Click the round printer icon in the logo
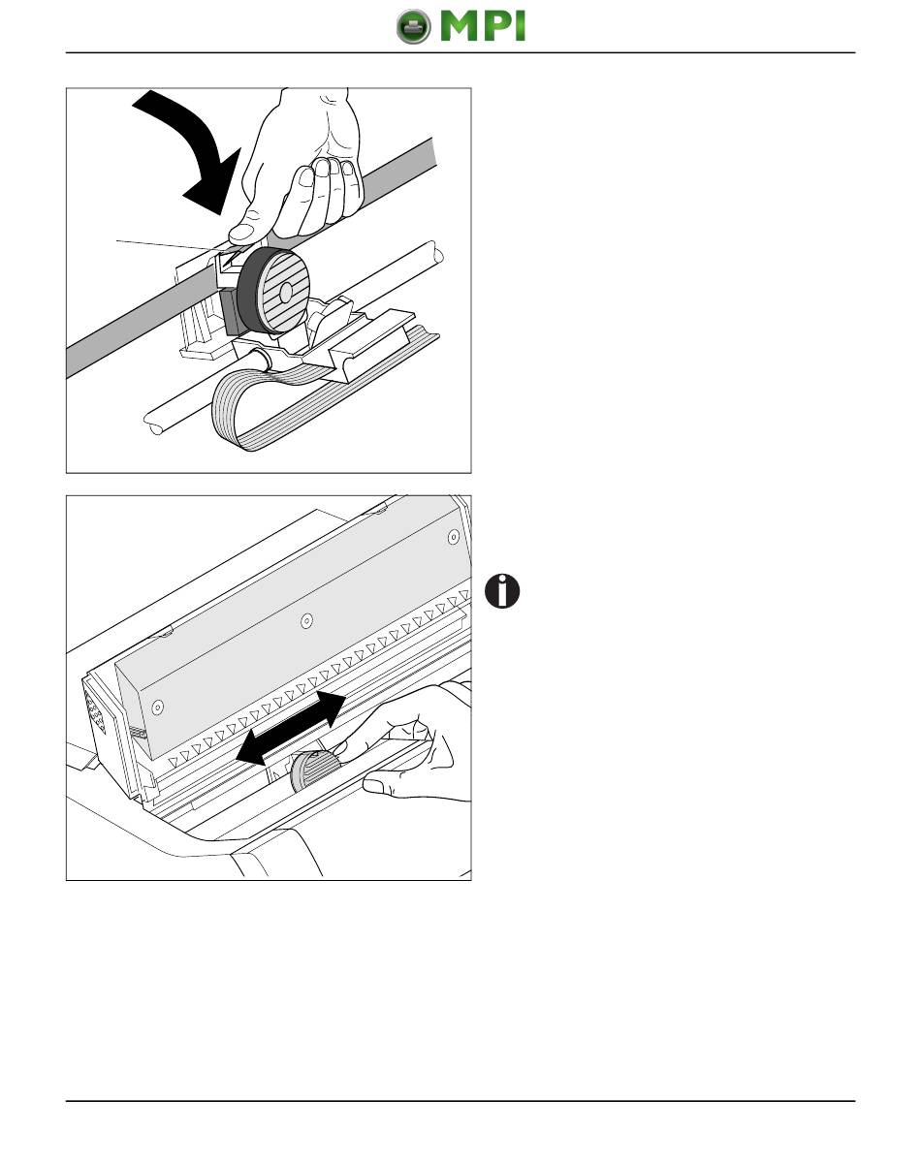413,27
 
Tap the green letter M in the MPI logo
460,26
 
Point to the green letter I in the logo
520,26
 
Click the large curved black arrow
200,146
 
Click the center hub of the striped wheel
286,293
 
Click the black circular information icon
502,591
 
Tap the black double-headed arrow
291,728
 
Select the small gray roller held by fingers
315,771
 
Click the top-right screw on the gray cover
454,537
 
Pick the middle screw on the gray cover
307,620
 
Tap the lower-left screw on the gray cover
158,707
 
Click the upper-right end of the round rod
436,253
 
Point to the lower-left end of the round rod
153,424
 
